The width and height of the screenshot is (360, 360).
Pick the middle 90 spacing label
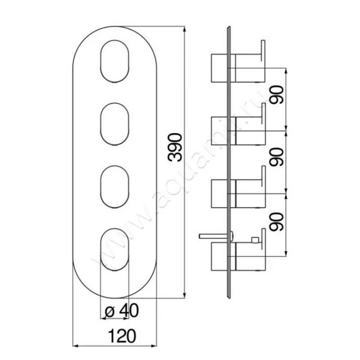(279, 157)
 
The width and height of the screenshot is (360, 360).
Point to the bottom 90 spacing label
(279, 221)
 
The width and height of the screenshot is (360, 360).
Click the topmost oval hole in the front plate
(114, 62)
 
